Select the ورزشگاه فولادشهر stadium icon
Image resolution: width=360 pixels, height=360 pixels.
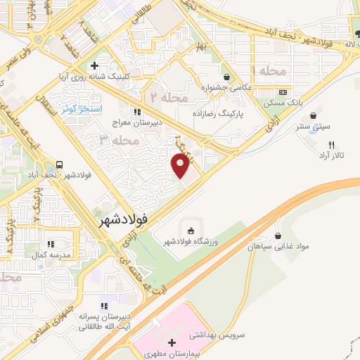point(190,230)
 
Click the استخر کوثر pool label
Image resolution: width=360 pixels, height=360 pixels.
point(82,109)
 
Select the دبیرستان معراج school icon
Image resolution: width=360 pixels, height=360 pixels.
point(137,111)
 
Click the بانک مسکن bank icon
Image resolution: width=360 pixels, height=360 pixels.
point(283,93)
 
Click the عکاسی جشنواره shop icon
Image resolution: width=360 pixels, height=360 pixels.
point(226,77)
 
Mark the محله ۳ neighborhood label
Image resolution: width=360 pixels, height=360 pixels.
point(116,141)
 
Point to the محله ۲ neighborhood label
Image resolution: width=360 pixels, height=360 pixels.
point(165,96)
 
